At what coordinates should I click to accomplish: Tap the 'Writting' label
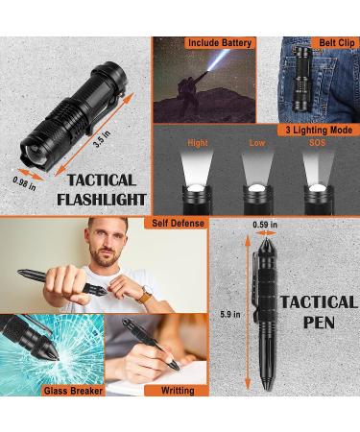coord(178,391)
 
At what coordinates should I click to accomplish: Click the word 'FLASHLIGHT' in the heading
coord(102,200)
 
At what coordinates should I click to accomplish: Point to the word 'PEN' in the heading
coord(318,324)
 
